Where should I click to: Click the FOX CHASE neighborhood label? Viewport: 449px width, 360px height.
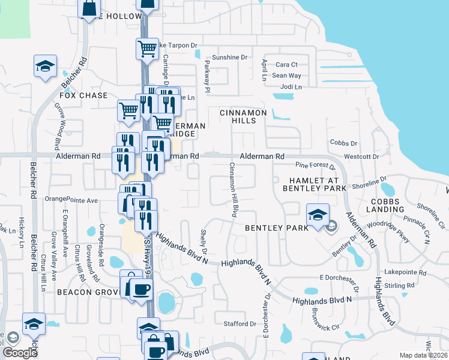point(83,95)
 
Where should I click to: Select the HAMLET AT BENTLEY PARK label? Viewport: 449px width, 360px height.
point(315,184)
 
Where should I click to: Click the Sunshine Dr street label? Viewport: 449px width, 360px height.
point(230,58)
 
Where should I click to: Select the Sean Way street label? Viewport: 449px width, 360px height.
point(286,76)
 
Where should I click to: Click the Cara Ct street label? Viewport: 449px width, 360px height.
point(286,65)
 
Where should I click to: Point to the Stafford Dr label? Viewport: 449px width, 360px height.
point(240,324)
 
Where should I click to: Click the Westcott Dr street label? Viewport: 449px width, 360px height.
point(361,157)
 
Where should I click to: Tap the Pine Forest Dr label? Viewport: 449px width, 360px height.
point(315,165)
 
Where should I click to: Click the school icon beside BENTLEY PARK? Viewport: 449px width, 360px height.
point(318,214)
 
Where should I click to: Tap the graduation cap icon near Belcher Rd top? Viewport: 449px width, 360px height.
point(44,65)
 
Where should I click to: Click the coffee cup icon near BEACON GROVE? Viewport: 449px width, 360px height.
point(142,289)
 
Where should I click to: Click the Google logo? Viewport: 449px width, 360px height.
point(19,353)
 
